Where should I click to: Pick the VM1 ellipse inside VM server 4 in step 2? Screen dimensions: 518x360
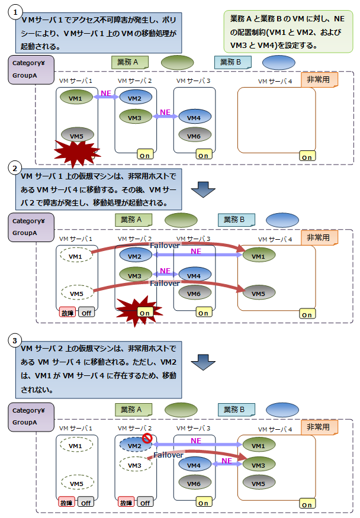pyautogui.click(x=258, y=256)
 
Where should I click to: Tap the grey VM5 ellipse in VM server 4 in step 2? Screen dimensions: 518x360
pyautogui.click(x=258, y=292)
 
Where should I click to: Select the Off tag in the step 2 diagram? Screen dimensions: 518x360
pyautogui.click(x=86, y=313)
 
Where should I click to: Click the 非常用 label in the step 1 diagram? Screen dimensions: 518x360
pyautogui.click(x=319, y=79)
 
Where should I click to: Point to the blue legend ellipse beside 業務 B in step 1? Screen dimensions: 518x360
pyautogui.click(x=278, y=62)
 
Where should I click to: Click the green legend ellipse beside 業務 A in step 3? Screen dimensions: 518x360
pyautogui.click(x=181, y=409)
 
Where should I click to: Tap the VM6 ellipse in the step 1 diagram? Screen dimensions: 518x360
pyautogui.click(x=195, y=137)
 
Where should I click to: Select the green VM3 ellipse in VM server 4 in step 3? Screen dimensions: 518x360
pyautogui.click(x=258, y=465)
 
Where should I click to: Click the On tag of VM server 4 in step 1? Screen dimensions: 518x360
pyautogui.click(x=307, y=157)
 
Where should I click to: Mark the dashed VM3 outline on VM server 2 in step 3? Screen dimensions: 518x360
pyautogui.click(x=135, y=466)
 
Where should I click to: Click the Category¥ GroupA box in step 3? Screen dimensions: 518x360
pyautogui.click(x=30, y=416)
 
